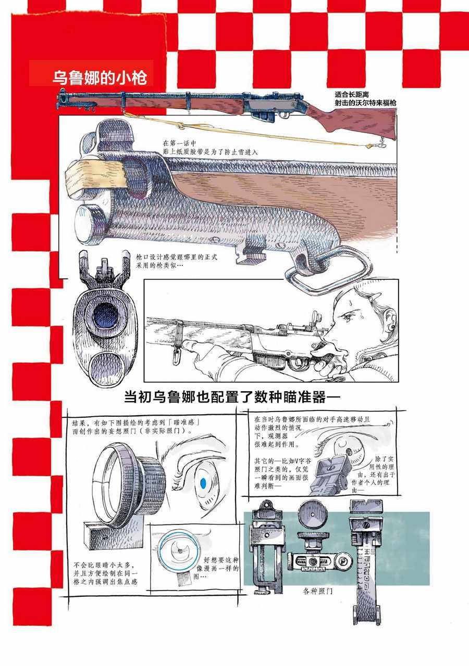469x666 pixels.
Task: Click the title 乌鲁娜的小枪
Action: (x=100, y=78)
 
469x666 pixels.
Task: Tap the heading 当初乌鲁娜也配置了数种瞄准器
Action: (x=232, y=397)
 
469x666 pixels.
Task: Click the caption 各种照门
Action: (x=317, y=591)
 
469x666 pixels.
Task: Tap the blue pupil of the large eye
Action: (x=203, y=483)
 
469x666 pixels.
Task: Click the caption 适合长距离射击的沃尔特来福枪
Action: (x=365, y=99)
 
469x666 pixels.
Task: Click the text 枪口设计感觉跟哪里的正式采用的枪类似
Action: (x=177, y=261)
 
